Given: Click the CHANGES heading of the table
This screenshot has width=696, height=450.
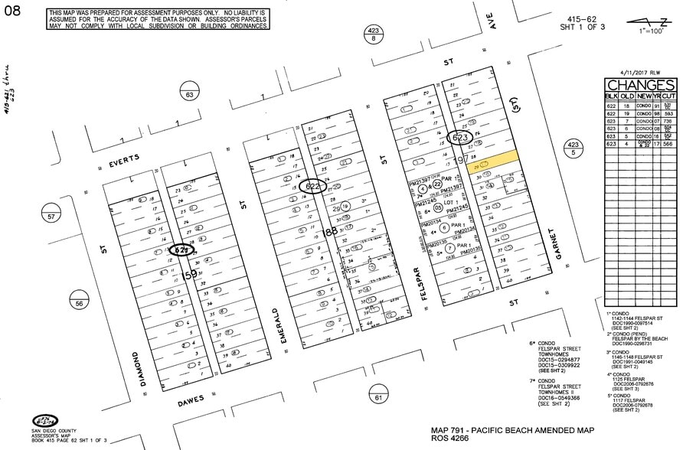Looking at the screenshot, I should pyautogui.click(x=641, y=85).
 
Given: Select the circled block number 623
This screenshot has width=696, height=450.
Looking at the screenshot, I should pyautogui.click(x=459, y=138).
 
